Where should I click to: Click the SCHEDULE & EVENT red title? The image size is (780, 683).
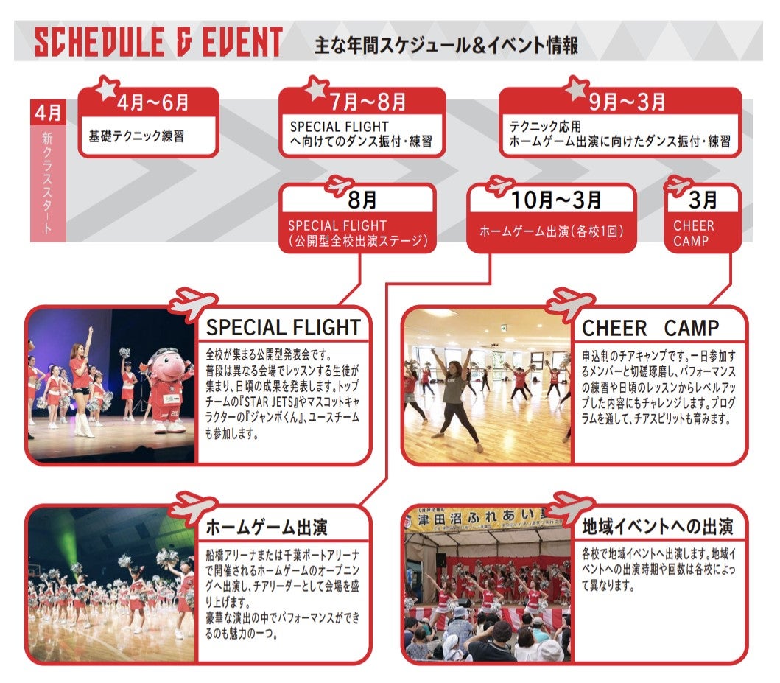[x=158, y=41]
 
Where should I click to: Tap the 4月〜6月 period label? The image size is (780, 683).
[x=153, y=102]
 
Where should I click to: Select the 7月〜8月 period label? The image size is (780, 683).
[x=368, y=102]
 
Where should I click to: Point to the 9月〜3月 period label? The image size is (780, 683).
[x=628, y=102]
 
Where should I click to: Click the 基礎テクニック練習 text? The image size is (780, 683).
[x=136, y=136]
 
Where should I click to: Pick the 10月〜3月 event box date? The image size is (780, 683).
[x=556, y=200]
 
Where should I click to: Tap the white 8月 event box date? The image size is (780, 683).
[x=362, y=200]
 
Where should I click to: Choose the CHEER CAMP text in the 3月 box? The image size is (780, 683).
[x=693, y=233]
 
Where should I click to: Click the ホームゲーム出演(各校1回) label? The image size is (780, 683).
[x=552, y=231]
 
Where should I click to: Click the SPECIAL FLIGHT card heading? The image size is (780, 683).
[x=283, y=327]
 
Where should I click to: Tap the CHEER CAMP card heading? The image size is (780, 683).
[x=650, y=328]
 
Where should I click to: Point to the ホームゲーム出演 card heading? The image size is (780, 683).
[x=266, y=527]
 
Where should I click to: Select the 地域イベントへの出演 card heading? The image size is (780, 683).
[x=657, y=526]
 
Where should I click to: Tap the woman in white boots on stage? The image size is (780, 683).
[x=82, y=382]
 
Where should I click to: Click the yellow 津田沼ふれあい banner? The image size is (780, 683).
[x=485, y=518]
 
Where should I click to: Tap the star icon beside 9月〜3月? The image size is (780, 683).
[x=577, y=89]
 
